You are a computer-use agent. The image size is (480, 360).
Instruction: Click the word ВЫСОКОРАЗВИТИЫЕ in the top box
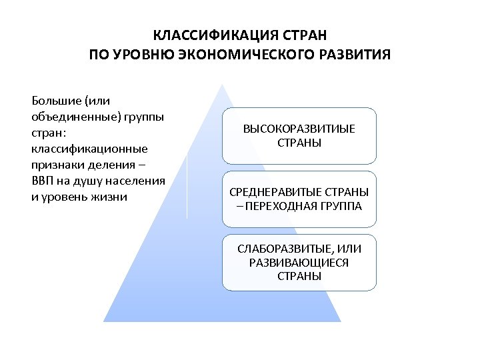pos(299,129)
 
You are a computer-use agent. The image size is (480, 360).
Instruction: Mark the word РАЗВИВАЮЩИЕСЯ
pos(299,262)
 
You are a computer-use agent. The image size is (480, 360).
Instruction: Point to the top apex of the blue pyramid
pos(222,84)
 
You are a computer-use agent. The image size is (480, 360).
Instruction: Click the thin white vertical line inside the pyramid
pos(187,187)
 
